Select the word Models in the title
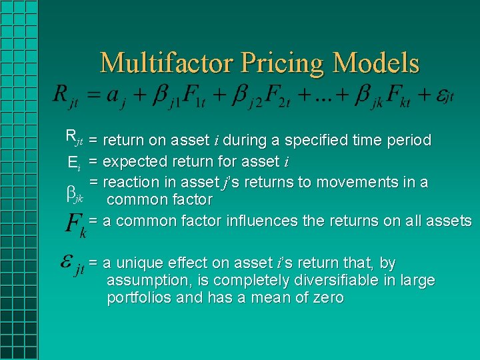tap(377, 63)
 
